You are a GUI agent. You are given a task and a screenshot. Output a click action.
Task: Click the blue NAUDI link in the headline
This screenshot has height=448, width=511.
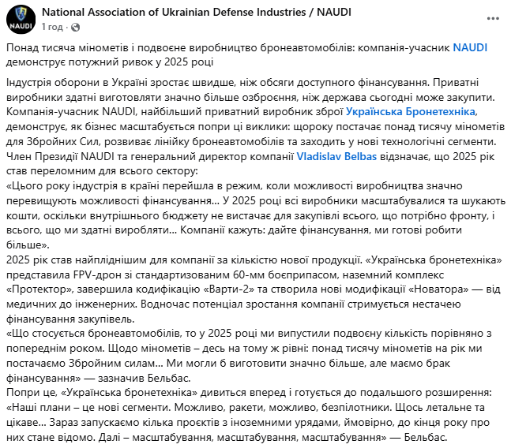(470, 47)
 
